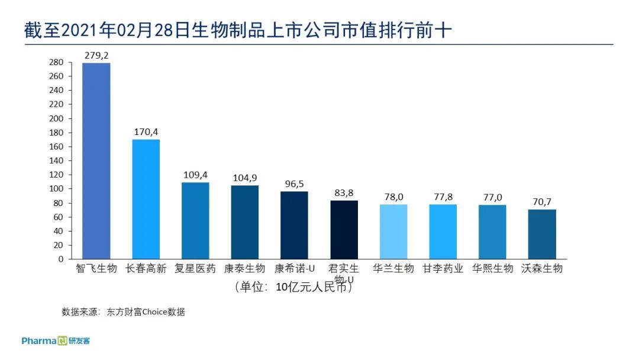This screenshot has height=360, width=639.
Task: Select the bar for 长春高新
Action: [146, 199]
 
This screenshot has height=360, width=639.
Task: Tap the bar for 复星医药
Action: [195, 220]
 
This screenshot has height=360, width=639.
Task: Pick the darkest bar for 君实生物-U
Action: [344, 230]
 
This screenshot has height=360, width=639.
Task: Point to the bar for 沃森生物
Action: [542, 234]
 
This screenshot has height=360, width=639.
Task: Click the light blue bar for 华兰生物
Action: [393, 232]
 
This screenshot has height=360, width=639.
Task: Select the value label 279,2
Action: [96, 56]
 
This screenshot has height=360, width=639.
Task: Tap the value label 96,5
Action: [294, 184]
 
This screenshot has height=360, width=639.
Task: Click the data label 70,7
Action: [542, 202]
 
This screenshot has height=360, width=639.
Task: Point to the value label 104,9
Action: [244, 178]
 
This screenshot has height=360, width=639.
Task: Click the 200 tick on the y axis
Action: [56, 118]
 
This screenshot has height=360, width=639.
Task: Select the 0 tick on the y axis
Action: [60, 259]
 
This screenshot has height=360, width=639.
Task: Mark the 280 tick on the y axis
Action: [56, 62]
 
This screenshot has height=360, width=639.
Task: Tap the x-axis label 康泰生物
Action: [244, 268]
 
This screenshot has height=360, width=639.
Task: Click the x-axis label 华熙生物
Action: [492, 268]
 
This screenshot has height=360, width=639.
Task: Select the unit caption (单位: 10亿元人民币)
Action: [293, 288]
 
